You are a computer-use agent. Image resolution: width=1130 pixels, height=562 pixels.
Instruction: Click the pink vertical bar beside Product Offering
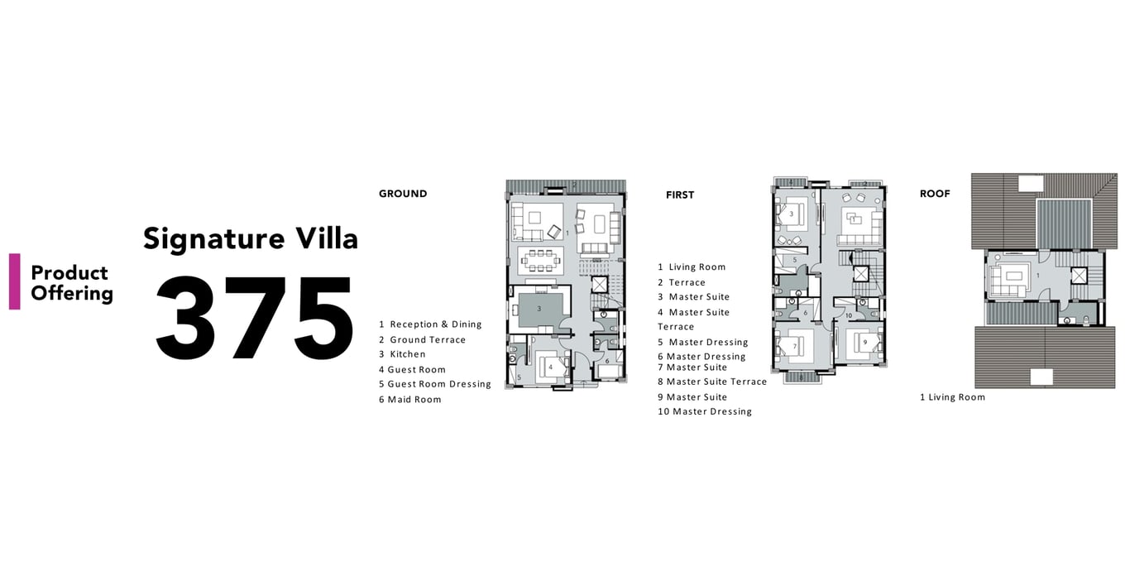click(15, 281)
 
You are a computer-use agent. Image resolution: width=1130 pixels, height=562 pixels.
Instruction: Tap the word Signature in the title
click(214, 239)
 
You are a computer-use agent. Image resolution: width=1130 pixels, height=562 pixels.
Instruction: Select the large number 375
click(254, 318)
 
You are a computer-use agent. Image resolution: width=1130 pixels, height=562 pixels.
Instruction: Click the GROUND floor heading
click(403, 194)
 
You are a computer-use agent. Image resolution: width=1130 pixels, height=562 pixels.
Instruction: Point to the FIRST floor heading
click(679, 195)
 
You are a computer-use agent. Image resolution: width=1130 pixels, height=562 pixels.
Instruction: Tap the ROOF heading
click(935, 194)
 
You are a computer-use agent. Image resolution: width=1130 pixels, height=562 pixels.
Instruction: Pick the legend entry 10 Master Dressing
click(705, 411)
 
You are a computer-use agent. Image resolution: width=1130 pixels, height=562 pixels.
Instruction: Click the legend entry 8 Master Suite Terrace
click(712, 382)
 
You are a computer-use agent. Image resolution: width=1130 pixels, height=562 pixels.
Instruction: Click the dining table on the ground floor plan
click(541, 261)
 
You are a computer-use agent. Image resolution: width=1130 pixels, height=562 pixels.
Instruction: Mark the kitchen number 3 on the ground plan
click(539, 309)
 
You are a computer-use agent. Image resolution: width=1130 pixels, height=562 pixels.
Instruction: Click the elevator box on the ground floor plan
click(599, 284)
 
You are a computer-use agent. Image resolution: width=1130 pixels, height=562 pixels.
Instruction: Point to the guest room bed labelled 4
click(553, 367)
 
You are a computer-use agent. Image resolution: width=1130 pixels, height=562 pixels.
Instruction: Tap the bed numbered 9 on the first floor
click(864, 343)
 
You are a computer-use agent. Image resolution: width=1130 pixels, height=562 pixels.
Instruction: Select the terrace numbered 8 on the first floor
click(801, 377)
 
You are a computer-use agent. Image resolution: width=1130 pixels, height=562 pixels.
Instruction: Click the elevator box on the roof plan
click(1079, 276)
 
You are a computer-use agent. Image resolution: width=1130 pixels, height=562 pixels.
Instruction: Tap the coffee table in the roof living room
click(1013, 276)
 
